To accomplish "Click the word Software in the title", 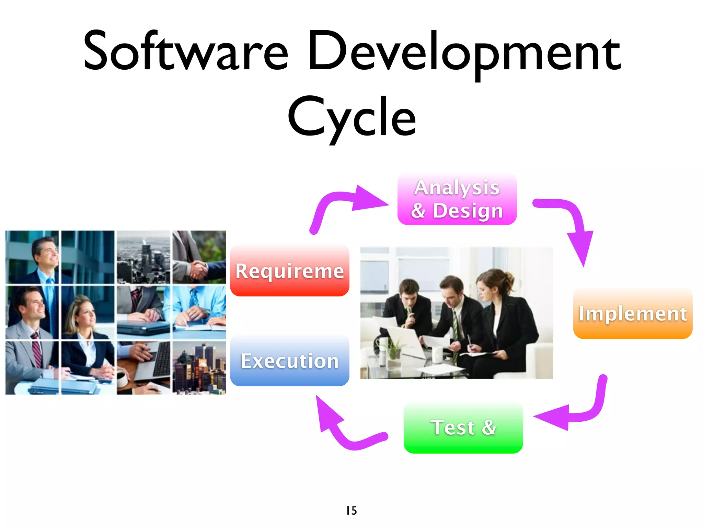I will pos(185,51).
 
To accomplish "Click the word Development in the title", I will pos(463,53).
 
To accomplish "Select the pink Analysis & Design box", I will pos(457,199).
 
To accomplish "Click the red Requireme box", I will pos(289,271).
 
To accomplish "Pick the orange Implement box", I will pos(633,314).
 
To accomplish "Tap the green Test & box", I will pos(463,428).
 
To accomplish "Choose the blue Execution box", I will pos(289,361).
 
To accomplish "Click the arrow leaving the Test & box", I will pos(343,429).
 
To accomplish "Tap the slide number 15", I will pos(351,511).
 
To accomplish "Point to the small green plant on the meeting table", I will pos(395,347).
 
